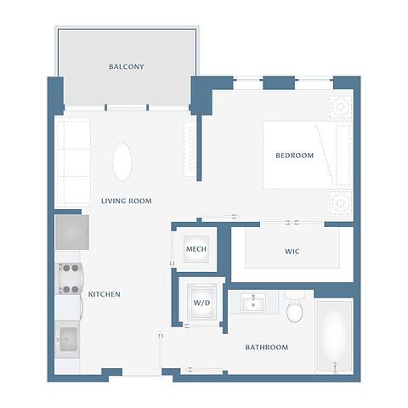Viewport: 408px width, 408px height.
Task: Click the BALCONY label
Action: [x=126, y=66]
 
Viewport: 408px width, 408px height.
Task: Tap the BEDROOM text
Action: [x=294, y=156]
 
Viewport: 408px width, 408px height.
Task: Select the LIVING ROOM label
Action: [x=126, y=201]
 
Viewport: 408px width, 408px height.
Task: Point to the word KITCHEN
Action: [x=105, y=294]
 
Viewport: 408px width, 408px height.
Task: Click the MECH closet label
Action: [x=196, y=249]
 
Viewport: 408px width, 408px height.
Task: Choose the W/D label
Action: [x=201, y=303]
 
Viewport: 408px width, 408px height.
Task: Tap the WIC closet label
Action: [x=292, y=252]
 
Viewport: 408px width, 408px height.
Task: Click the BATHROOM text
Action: [x=266, y=347]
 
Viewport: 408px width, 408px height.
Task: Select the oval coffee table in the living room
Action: [x=123, y=161]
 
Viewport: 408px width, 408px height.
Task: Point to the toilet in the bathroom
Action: [x=295, y=309]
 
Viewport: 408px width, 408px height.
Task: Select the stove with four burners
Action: [x=69, y=277]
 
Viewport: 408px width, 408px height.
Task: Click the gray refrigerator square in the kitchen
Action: [x=71, y=231]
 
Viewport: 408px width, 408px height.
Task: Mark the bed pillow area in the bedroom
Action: [x=342, y=155]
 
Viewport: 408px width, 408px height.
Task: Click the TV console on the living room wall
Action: [x=190, y=149]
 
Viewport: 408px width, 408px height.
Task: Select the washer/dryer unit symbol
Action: [x=202, y=303]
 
